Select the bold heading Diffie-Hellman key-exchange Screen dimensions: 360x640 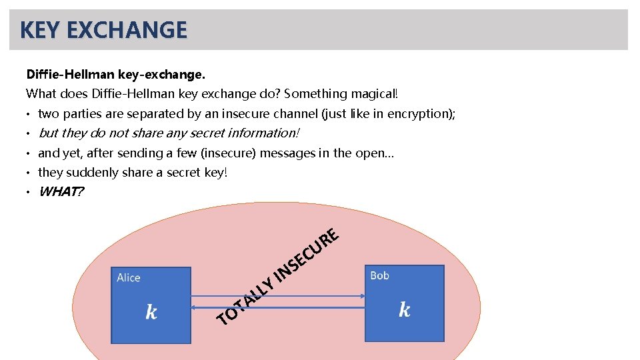pyautogui.click(x=115, y=73)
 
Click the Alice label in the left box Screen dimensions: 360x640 pyautogui.click(x=129, y=278)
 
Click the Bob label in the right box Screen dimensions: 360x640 pyautogui.click(x=379, y=275)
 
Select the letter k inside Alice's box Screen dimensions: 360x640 pyautogui.click(x=151, y=311)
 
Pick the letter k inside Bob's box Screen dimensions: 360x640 pyautogui.click(x=404, y=309)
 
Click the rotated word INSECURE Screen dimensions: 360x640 pyautogui.click(x=309, y=254)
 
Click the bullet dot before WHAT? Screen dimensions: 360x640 pyautogui.click(x=29, y=193)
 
